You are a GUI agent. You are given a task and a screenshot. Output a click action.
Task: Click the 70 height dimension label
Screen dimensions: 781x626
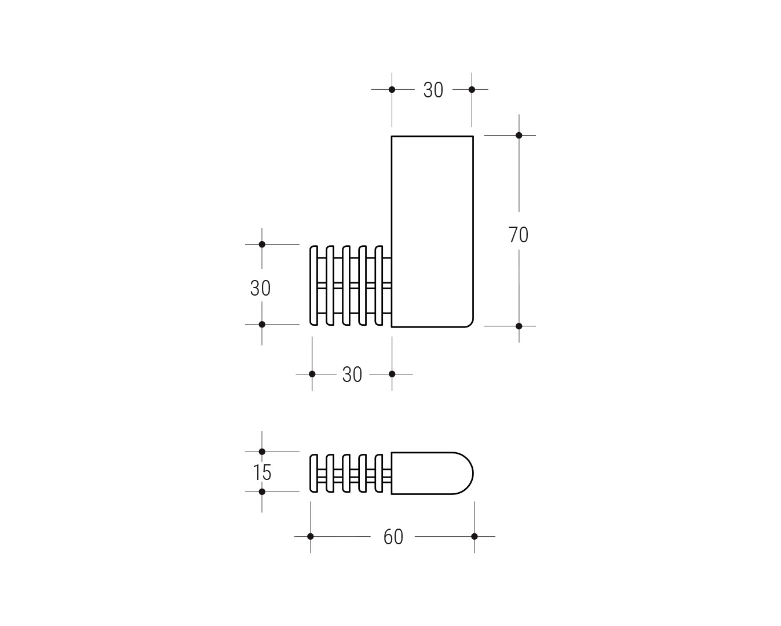[x=518, y=235]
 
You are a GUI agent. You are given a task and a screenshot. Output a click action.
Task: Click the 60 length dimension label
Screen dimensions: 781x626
[x=393, y=537]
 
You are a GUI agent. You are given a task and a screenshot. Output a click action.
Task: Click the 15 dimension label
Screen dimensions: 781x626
[x=262, y=472]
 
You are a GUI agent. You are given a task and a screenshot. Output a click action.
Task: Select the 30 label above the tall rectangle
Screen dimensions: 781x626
[x=433, y=90]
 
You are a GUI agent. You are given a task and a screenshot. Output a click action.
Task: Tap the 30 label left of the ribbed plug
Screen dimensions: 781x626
[x=260, y=288]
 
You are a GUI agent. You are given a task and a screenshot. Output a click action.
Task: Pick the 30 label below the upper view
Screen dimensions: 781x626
[x=352, y=374]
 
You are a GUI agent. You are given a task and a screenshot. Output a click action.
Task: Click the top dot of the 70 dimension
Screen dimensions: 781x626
[x=519, y=136]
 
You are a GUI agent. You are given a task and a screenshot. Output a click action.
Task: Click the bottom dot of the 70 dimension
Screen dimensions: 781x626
[x=519, y=326]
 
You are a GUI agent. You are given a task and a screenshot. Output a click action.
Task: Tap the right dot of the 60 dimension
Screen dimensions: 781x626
[x=475, y=536]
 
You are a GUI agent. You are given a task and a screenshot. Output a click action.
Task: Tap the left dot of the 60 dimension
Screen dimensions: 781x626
[x=311, y=536]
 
